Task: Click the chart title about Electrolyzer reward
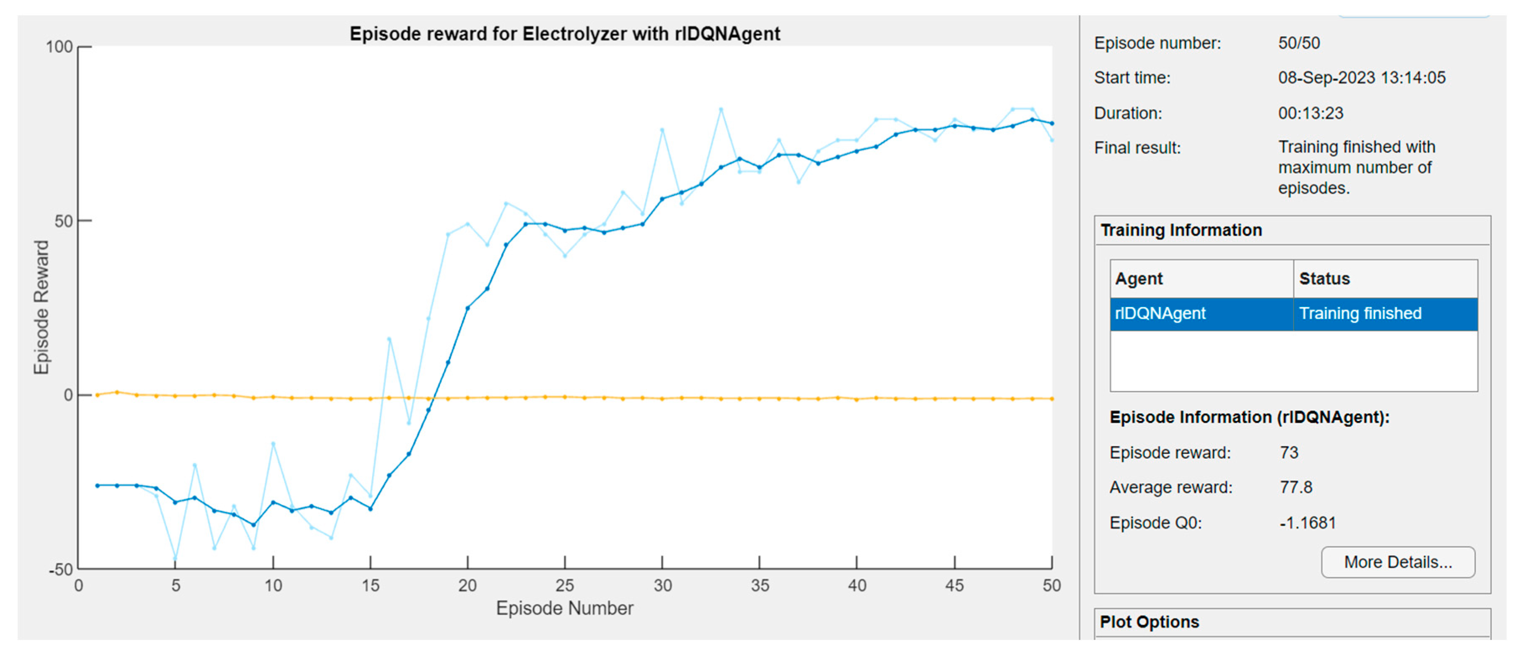point(564,34)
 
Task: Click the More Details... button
point(1398,562)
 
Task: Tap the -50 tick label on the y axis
point(61,570)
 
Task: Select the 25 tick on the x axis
point(564,586)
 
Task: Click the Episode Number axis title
point(564,608)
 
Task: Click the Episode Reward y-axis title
point(41,307)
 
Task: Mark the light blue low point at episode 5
point(175,558)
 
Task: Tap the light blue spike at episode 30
point(662,130)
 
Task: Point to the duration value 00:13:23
point(1310,113)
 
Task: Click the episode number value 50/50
point(1299,43)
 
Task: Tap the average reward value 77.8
point(1296,487)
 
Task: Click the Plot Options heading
point(1149,622)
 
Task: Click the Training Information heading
point(1181,230)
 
